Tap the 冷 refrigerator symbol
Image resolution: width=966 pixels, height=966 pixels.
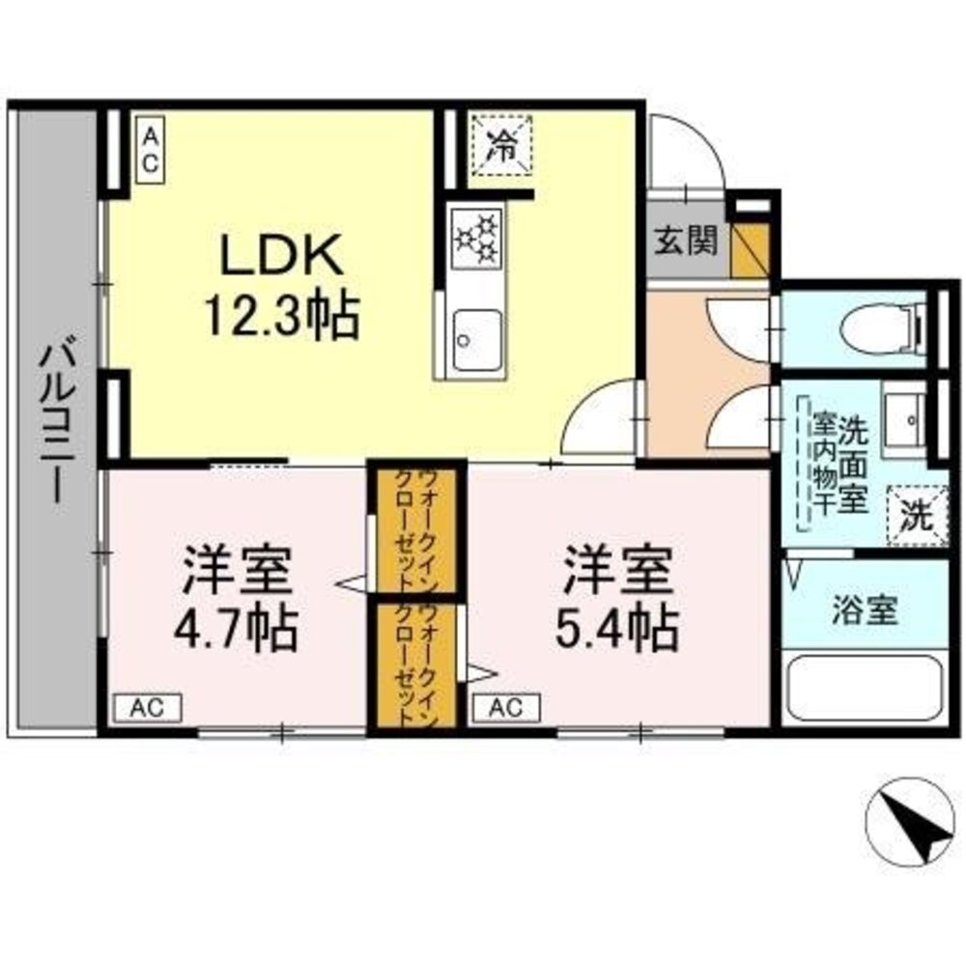click(x=500, y=146)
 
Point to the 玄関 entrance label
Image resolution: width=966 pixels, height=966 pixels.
click(x=687, y=241)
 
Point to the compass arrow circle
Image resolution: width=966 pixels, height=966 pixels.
click(x=907, y=822)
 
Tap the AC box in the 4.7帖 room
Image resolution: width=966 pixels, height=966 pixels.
click(x=148, y=707)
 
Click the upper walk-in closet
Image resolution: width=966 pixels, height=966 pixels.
click(x=406, y=531)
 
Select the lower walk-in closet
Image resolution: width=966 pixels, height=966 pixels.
click(x=406, y=667)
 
